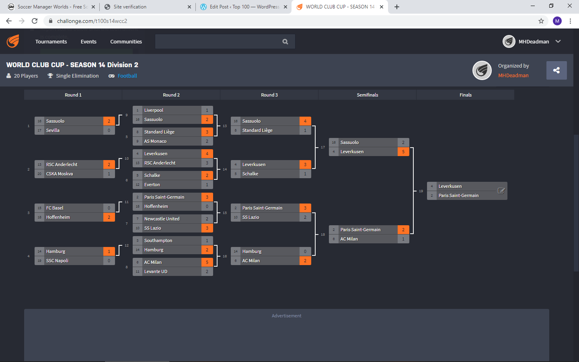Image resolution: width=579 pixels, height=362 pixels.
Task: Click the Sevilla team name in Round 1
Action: coord(53,130)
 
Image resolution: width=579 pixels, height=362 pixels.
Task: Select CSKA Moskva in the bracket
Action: coord(60,174)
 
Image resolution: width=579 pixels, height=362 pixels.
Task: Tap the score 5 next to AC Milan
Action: coord(207,262)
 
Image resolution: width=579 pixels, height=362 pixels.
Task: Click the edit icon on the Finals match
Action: coord(501,191)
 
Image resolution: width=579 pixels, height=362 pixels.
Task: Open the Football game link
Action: coord(127,76)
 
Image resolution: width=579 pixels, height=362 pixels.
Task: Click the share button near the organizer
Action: coord(556,70)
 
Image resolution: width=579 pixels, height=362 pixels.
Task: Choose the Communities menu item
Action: coord(126,41)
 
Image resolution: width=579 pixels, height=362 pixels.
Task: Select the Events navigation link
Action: coord(88,41)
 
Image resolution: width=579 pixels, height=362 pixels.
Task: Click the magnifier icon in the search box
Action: coord(285,41)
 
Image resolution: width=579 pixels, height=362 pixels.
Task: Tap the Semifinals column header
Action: coord(368,95)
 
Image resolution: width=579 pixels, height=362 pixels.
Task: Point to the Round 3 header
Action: coord(269,95)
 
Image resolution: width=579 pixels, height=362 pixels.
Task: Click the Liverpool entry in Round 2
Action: coord(154,110)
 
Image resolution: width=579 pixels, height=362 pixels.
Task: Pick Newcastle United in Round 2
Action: coord(162,219)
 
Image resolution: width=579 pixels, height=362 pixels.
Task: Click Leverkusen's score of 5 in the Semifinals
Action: coord(403,152)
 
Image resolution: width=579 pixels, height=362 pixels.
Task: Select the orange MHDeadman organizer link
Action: coord(513,75)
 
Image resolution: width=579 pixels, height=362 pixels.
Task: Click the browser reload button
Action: coord(35,21)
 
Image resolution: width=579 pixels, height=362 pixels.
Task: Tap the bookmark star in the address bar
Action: coord(541,21)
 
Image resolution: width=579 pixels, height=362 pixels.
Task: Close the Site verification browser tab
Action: coord(189,7)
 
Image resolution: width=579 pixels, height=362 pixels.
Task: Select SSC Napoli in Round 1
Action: coord(57,261)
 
